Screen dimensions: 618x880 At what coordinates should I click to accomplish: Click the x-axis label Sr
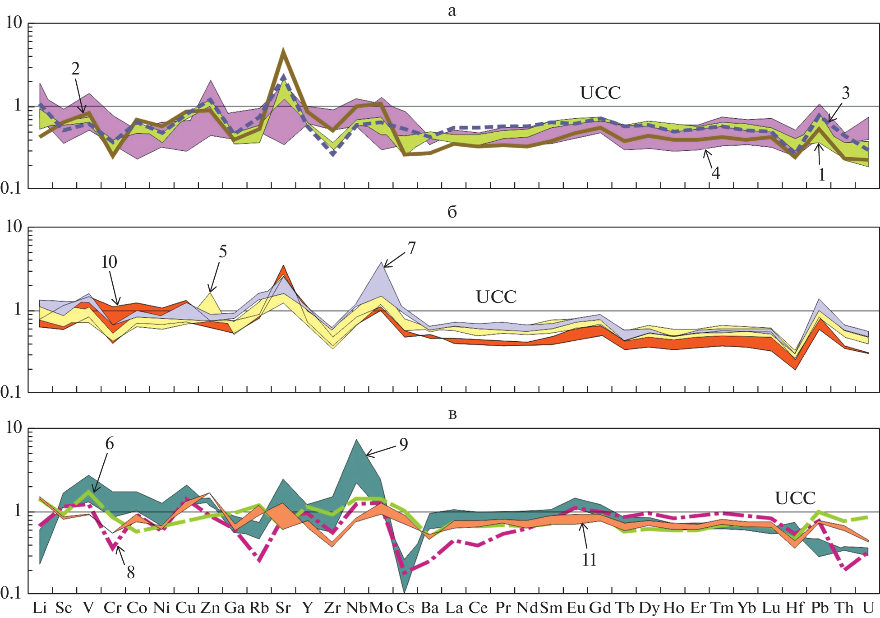coord(283,608)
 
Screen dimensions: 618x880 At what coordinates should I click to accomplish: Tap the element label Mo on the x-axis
coord(381,608)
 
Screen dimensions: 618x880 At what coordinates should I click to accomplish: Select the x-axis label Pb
coord(820,608)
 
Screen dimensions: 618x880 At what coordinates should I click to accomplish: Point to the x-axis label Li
coord(40,608)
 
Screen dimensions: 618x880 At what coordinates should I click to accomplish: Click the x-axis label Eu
coord(576,608)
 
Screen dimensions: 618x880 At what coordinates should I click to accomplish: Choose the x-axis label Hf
coord(795,608)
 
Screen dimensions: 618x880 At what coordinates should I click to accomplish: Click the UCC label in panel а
coord(600,93)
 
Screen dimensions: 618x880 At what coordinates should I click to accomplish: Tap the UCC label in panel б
coord(496,297)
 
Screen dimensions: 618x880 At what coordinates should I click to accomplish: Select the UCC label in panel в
coord(795,498)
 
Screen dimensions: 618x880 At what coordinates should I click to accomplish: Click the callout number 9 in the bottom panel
coord(403,445)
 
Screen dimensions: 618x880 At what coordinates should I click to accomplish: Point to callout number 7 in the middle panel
coord(411,248)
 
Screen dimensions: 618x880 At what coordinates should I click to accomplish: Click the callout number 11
coord(589,560)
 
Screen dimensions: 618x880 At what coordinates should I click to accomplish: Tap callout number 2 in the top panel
coord(75,69)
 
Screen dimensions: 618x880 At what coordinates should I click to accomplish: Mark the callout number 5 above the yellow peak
coord(223,251)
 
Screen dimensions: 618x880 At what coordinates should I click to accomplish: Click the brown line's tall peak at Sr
coord(283,49)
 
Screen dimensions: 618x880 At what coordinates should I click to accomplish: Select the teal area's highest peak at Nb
coord(356,440)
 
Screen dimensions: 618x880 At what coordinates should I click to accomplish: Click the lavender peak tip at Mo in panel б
coord(382,263)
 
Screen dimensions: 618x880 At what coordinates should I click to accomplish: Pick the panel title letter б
coord(452,212)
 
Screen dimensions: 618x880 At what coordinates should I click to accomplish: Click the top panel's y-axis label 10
coord(14,23)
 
